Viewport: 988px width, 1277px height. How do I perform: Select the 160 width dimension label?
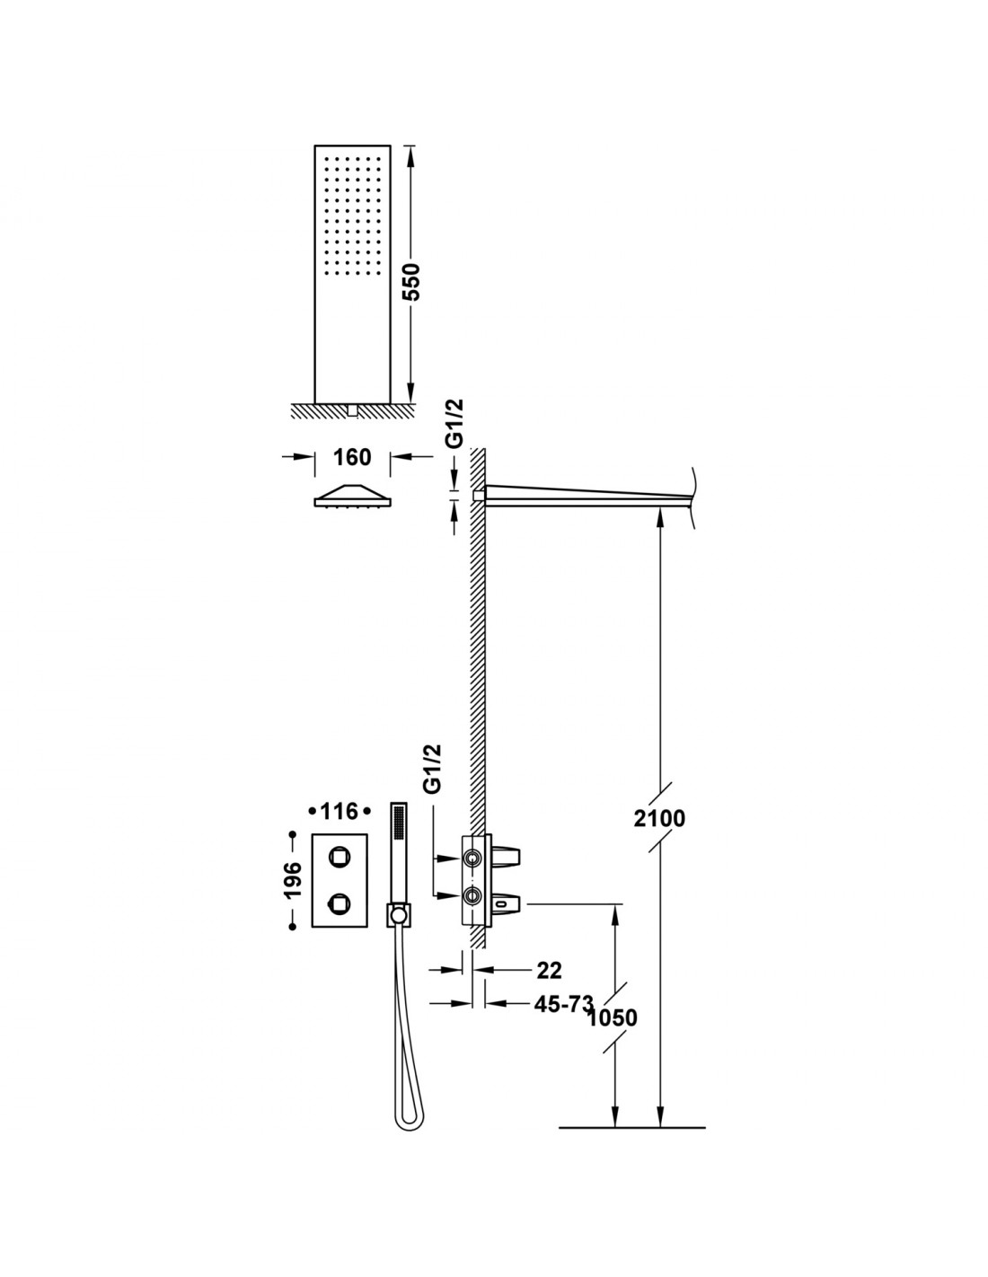pos(353,456)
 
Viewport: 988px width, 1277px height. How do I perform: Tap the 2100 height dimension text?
pos(659,818)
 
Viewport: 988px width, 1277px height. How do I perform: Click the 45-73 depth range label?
pos(564,1004)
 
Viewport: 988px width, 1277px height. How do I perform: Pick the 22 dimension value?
pos(550,970)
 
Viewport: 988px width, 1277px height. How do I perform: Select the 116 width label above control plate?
pos(340,812)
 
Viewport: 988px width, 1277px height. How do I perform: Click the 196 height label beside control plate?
pos(293,880)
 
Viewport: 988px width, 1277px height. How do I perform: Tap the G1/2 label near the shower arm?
pos(454,424)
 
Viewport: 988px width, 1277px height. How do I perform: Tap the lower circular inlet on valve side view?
pos(472,895)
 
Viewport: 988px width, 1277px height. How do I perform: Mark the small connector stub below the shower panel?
pos(352,410)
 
